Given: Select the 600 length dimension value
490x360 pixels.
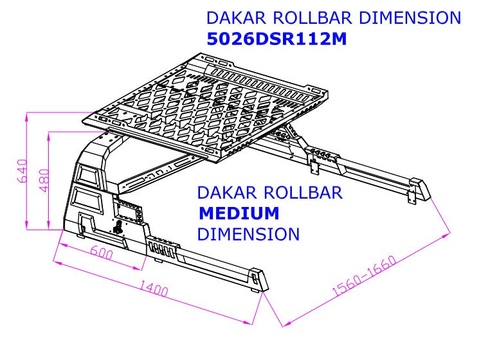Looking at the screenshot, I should pyautogui.click(x=102, y=253).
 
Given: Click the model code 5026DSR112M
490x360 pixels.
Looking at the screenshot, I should pyautogui.click(x=277, y=39).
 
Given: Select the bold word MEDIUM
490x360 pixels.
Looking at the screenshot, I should pyautogui.click(x=239, y=213).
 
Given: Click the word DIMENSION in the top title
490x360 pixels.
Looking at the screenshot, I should pyautogui.click(x=410, y=17).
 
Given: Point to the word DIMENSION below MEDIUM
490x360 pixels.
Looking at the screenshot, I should pyautogui.click(x=248, y=234).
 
